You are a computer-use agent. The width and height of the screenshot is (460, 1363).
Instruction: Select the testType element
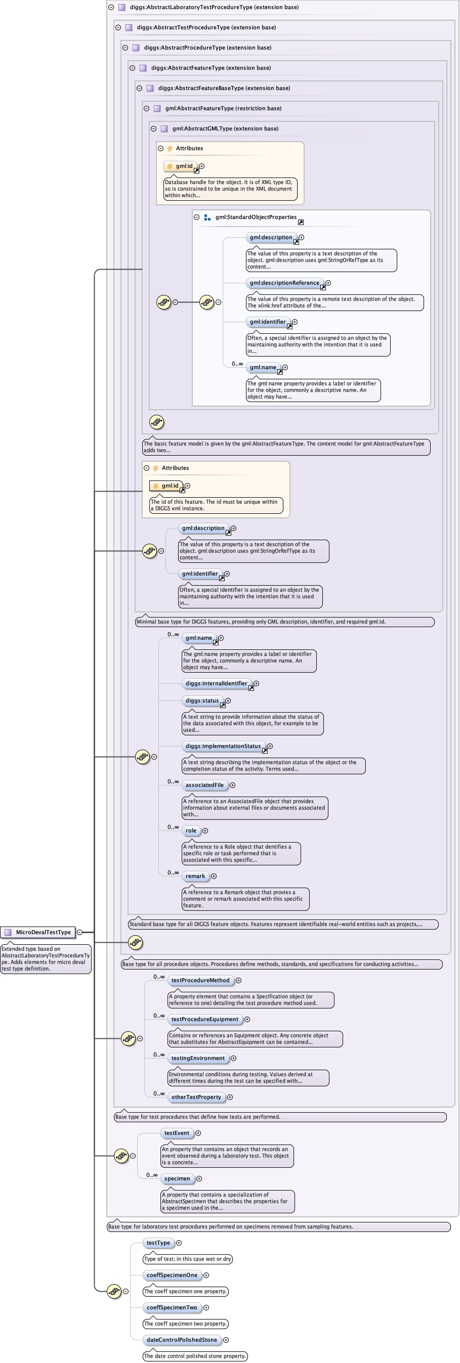click(158, 1243)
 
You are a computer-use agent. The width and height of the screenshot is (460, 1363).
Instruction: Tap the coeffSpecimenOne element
click(172, 1275)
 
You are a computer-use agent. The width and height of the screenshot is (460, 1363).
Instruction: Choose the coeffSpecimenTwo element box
click(172, 1307)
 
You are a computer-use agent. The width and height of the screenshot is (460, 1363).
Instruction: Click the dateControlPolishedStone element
click(182, 1340)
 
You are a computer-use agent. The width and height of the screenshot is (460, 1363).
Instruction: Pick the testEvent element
click(176, 1133)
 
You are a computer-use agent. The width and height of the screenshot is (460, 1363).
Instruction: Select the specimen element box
click(177, 1178)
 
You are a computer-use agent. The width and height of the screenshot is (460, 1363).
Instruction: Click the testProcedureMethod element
click(200, 981)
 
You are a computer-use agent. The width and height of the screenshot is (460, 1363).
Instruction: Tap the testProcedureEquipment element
click(205, 1019)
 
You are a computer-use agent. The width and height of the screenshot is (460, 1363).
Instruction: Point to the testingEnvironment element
click(198, 1058)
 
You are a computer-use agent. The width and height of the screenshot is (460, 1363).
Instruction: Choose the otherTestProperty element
click(196, 1097)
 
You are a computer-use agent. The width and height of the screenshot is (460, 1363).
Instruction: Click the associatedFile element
click(204, 785)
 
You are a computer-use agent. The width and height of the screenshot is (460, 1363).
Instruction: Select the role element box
click(191, 830)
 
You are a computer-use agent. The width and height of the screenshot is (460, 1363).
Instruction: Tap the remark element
click(195, 875)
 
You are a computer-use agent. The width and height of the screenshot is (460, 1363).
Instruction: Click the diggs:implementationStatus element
click(223, 746)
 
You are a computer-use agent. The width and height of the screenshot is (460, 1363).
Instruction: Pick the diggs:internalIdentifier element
click(216, 683)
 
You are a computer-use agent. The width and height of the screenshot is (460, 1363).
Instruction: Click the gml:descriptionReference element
click(284, 283)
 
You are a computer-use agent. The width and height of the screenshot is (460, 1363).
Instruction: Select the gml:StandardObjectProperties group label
click(256, 217)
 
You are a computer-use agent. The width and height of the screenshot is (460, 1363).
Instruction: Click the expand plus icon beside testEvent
click(198, 1133)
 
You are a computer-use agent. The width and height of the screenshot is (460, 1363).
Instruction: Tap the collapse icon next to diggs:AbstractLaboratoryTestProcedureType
click(111, 8)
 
